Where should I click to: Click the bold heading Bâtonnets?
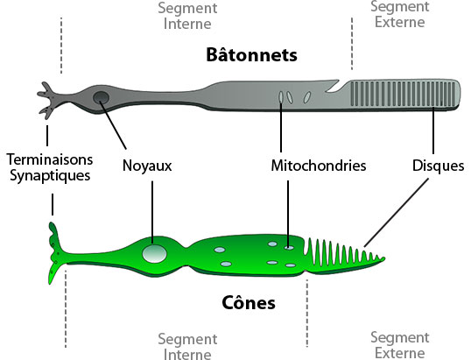[x=251, y=54]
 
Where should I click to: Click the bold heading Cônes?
[x=249, y=302]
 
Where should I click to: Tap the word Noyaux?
[x=147, y=166]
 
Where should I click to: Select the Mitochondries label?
[x=319, y=166]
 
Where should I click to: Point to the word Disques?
[x=438, y=166]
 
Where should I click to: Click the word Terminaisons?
[x=50, y=159]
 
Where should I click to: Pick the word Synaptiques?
[x=50, y=175]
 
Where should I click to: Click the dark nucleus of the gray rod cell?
[x=101, y=97]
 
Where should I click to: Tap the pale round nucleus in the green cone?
[x=154, y=254]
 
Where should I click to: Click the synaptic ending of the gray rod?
[x=48, y=101]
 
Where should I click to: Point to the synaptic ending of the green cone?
[x=54, y=252]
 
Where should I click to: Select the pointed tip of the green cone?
[x=383, y=258]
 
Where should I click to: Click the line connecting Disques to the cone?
[x=396, y=213]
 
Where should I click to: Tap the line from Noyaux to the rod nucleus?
[x=113, y=125]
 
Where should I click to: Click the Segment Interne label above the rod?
[x=187, y=16]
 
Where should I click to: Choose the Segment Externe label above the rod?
[x=400, y=14]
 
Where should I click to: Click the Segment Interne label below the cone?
[x=187, y=346]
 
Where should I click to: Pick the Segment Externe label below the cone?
[x=400, y=345]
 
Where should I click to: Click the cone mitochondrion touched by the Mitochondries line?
[x=289, y=248]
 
